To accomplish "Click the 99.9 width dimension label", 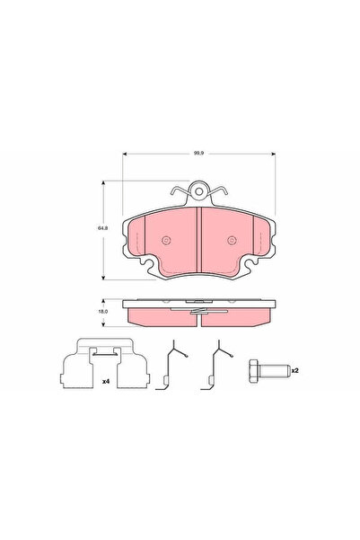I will (198, 154).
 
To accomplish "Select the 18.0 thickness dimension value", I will (102, 311).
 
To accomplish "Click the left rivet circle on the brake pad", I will (166, 240).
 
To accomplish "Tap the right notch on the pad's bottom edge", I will (247, 265).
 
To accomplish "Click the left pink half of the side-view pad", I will (162, 315).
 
